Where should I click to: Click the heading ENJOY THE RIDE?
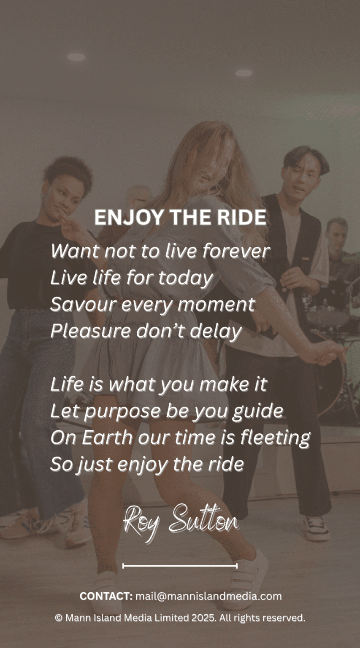[180, 217]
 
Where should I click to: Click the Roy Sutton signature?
[181, 521]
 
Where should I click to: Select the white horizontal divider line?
[180, 566]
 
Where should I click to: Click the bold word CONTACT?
[106, 596]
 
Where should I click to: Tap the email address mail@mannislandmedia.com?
[208, 596]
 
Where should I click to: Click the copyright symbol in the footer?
[59, 618]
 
